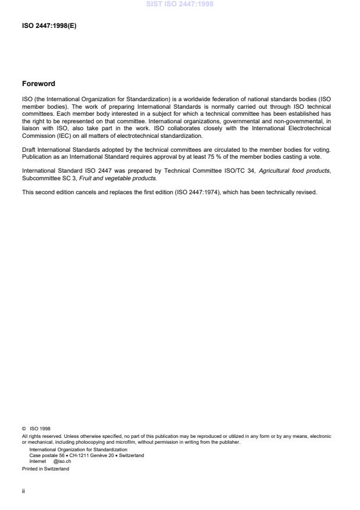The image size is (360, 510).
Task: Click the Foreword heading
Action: [x=38, y=84]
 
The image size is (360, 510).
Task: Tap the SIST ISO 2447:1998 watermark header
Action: [x=180, y=3]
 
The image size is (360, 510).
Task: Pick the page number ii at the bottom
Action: [x=23, y=490]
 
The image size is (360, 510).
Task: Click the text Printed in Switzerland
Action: [x=45, y=469]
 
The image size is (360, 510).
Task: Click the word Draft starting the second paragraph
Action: [x=29, y=150]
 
